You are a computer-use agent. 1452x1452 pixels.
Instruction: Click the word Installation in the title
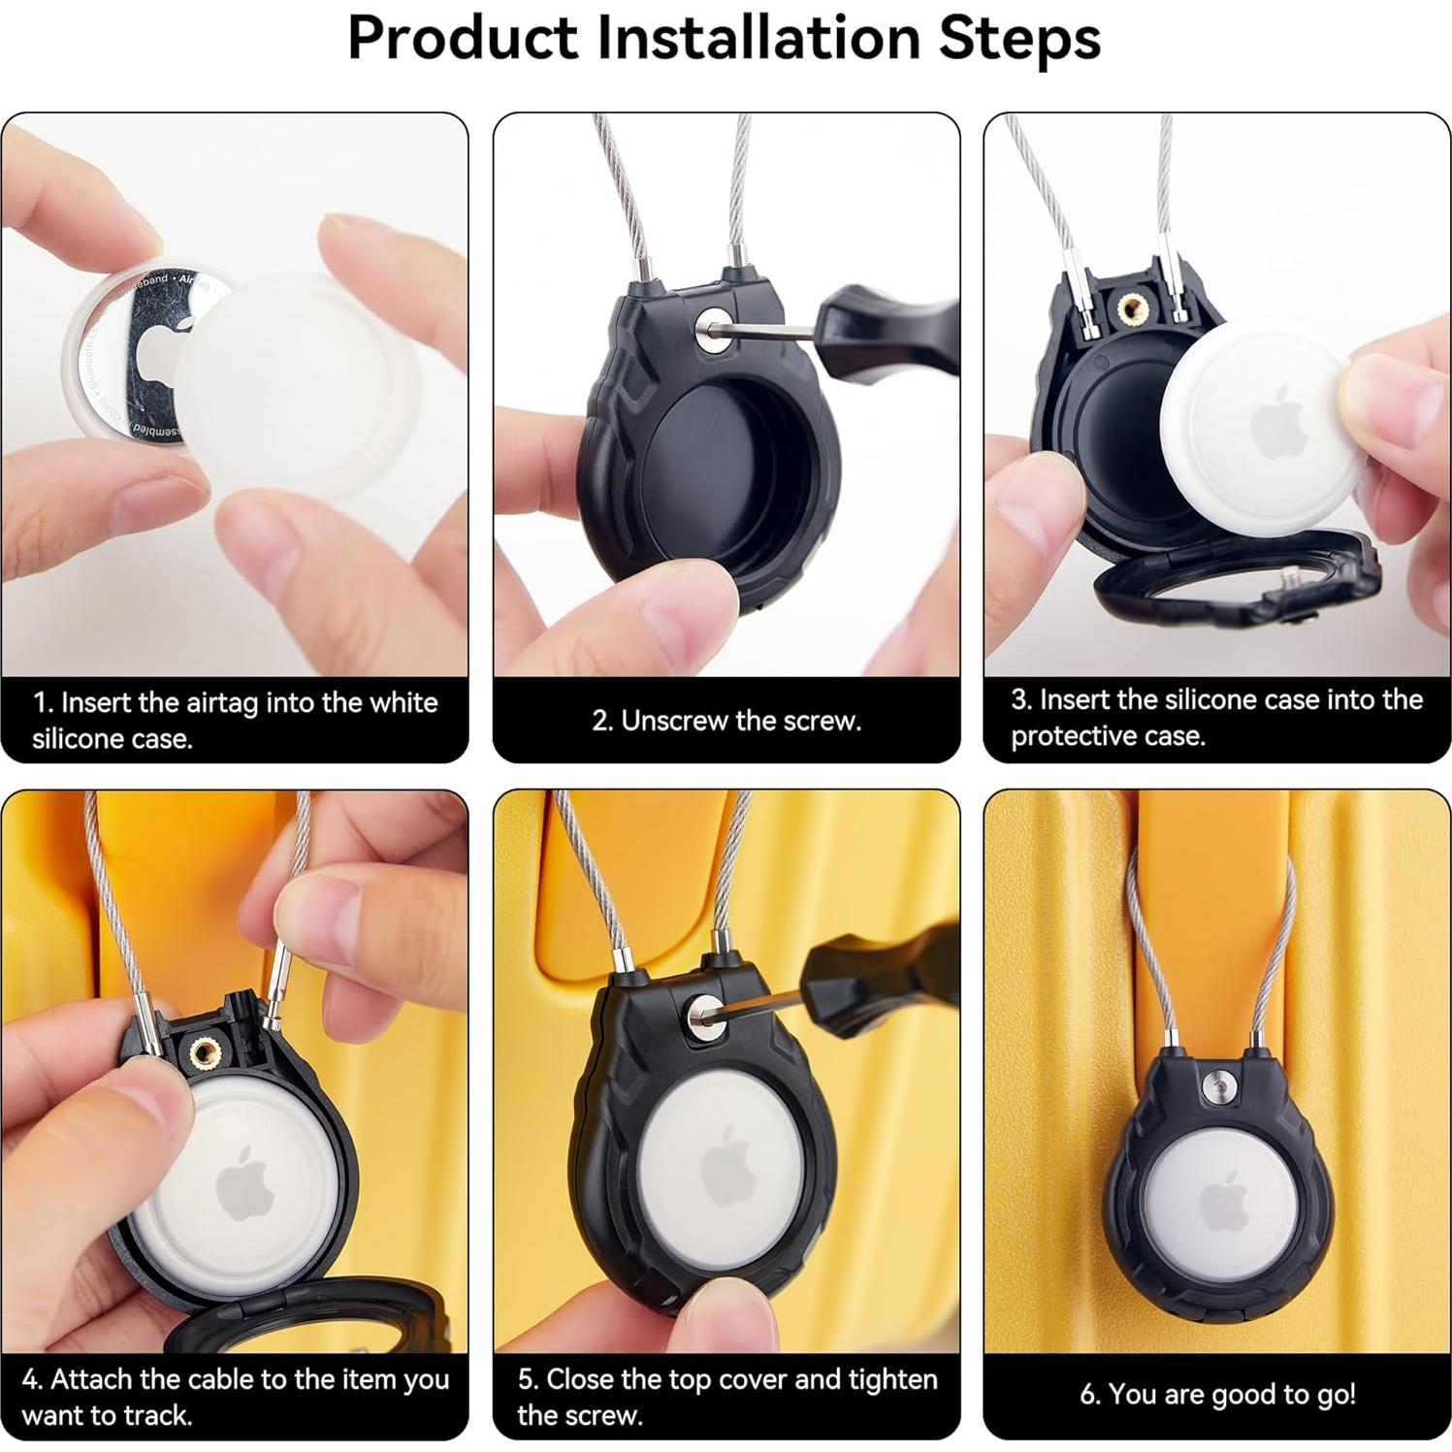coord(757,38)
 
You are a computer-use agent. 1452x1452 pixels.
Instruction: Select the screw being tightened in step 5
coord(702,1016)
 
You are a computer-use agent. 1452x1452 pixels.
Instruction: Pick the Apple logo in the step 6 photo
coord(1223,1204)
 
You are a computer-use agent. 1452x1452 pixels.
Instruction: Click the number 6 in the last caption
coord(1089,1394)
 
